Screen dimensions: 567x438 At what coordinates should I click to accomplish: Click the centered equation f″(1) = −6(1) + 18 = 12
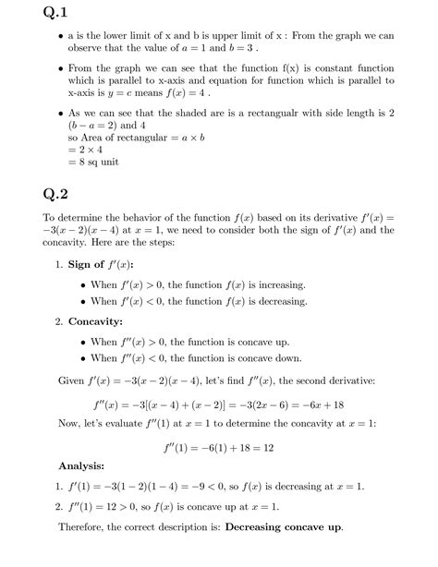[218, 445]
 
